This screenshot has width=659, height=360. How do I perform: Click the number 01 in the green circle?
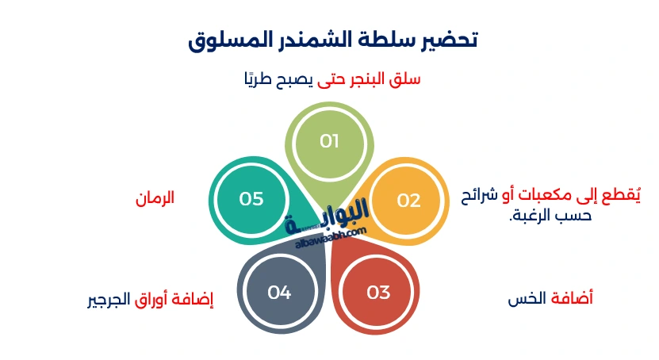click(x=329, y=142)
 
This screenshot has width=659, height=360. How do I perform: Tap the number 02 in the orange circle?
click(x=408, y=201)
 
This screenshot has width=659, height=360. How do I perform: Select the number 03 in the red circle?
click(x=378, y=292)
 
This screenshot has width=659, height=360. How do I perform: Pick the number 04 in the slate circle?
click(x=279, y=292)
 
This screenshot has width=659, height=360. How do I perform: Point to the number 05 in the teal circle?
click(x=251, y=199)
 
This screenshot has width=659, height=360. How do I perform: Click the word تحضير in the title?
click(x=447, y=39)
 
